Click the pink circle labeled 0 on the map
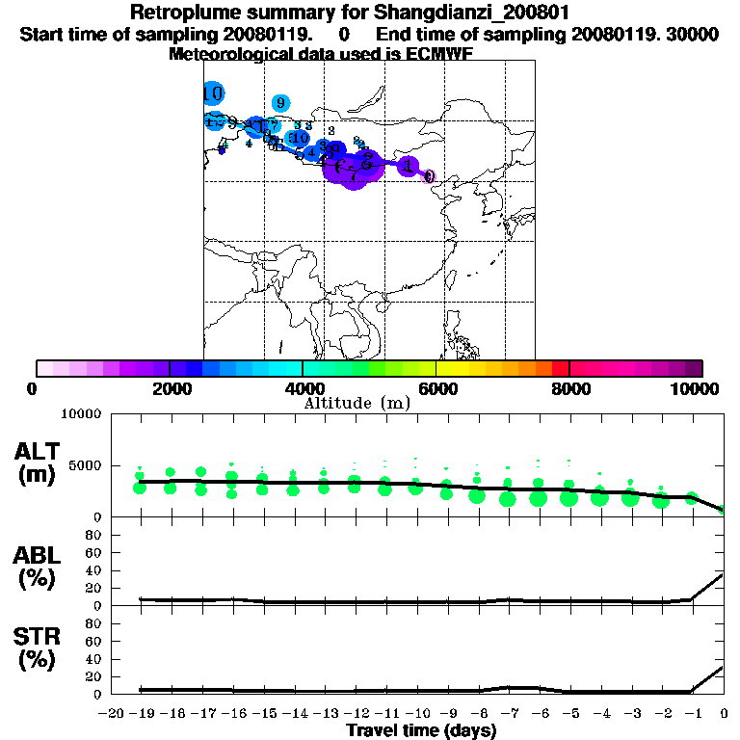pos(430,176)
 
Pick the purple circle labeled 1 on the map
pos(408,167)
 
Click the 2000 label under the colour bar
pos(169,388)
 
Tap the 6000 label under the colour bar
pos(436,388)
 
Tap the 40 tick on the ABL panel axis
pos(95,570)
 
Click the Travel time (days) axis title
pos(422,730)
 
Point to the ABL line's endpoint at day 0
pos(724,574)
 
